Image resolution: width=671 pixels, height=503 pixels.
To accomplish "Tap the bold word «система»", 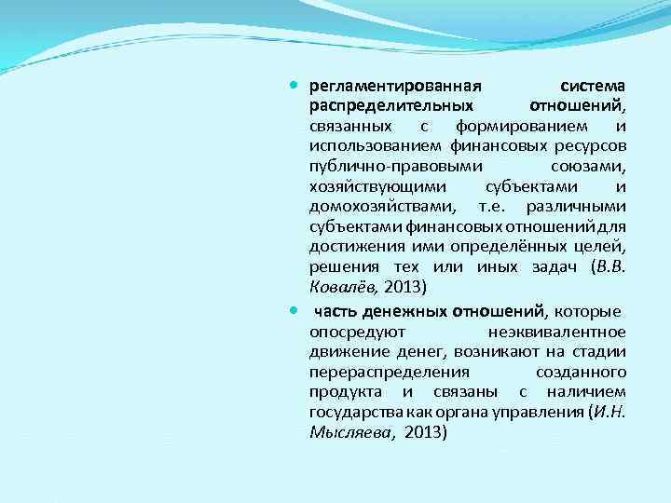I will [x=592, y=86].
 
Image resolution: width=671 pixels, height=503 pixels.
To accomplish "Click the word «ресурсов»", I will [x=591, y=146].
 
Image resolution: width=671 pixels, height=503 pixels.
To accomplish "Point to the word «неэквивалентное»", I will [x=556, y=332].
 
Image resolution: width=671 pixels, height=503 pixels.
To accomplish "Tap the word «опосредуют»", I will [x=355, y=332].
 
